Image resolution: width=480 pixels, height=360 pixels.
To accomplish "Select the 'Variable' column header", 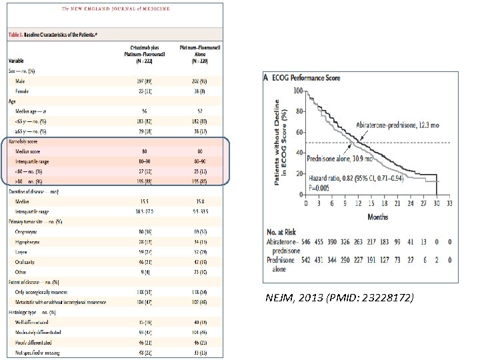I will [x=16, y=59].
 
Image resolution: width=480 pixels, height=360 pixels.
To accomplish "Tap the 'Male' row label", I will [x=21, y=81].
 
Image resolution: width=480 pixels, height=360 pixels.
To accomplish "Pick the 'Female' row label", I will [x=23, y=90].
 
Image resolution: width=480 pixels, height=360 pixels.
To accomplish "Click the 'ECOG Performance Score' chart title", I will [x=307, y=78].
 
